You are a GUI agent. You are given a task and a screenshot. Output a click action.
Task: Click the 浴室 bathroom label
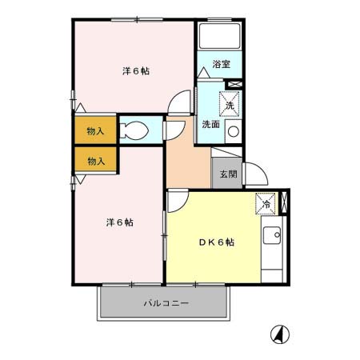pyautogui.click(x=221, y=63)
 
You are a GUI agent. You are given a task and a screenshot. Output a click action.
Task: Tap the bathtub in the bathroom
pyautogui.click(x=219, y=37)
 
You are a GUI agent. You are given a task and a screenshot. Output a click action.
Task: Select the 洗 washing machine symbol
pyautogui.click(x=229, y=105)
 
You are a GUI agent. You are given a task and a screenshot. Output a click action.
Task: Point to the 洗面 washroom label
pyautogui.click(x=210, y=124)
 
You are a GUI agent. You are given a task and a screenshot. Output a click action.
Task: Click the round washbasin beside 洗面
pyautogui.click(x=233, y=131)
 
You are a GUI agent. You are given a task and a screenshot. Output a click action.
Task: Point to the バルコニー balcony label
pyautogui.click(x=166, y=304)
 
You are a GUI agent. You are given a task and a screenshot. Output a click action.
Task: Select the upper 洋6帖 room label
pyautogui.click(x=136, y=70)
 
